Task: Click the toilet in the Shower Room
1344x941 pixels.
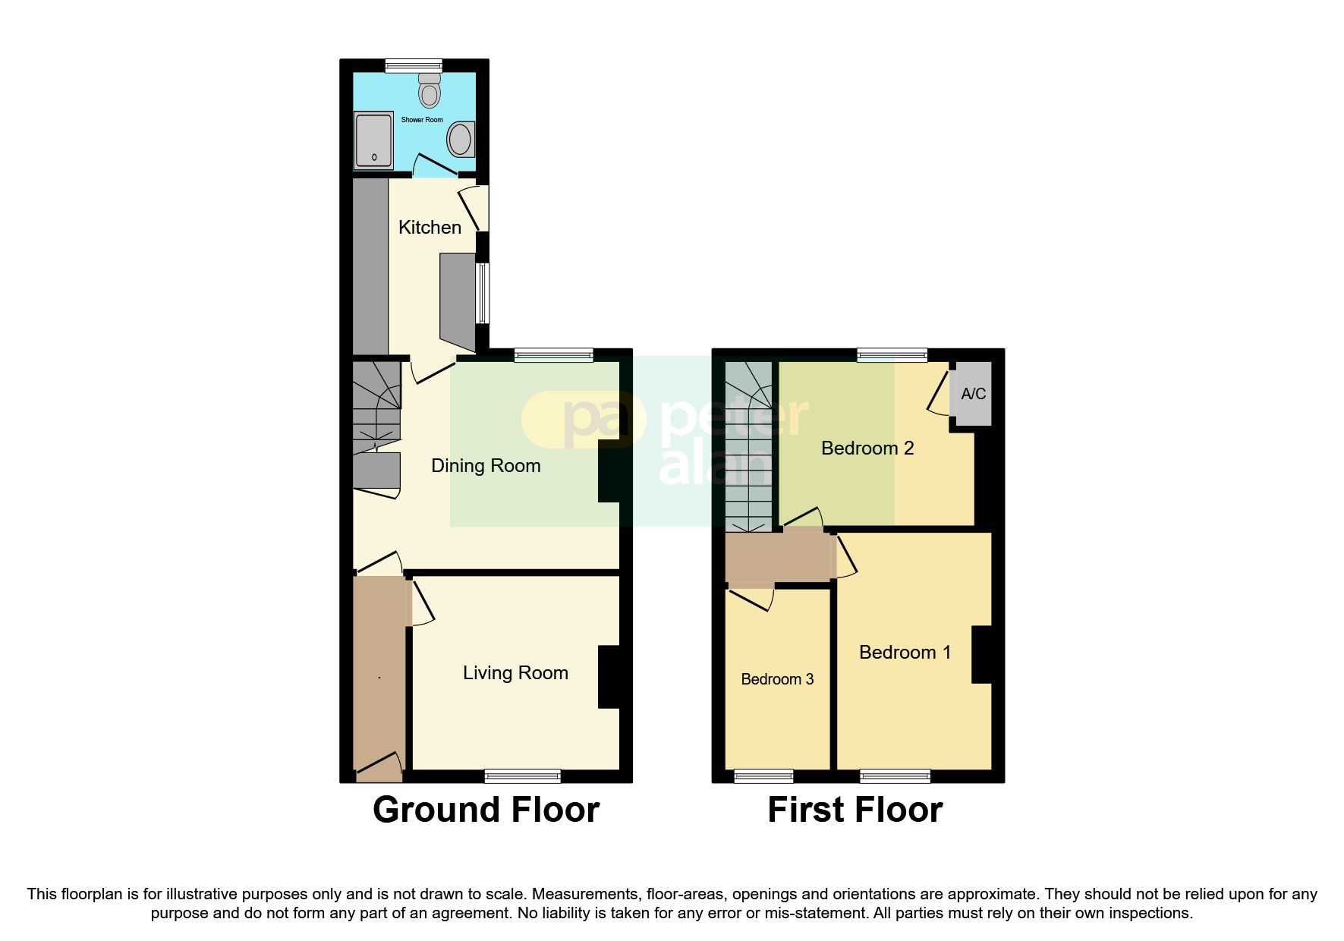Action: (x=430, y=92)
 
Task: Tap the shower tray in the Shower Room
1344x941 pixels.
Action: (x=373, y=140)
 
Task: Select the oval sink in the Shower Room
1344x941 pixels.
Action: (x=460, y=140)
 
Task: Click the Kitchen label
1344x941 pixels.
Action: (x=430, y=227)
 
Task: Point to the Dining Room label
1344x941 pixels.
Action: (x=486, y=465)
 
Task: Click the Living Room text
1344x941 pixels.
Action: (x=515, y=672)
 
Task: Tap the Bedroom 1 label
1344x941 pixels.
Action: (x=905, y=652)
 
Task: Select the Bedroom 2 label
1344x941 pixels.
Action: (x=867, y=448)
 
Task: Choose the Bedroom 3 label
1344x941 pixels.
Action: (x=777, y=679)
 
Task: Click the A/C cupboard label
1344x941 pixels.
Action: (x=973, y=394)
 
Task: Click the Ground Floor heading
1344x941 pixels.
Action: (x=486, y=810)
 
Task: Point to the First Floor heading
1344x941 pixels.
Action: (x=855, y=810)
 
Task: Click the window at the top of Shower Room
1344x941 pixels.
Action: (x=413, y=66)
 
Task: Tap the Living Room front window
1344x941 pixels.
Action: (x=522, y=776)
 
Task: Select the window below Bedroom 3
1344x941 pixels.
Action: (x=763, y=776)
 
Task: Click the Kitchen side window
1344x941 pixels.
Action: (x=483, y=293)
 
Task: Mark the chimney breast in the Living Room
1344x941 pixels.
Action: (x=609, y=677)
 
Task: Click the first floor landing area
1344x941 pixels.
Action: (x=778, y=558)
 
